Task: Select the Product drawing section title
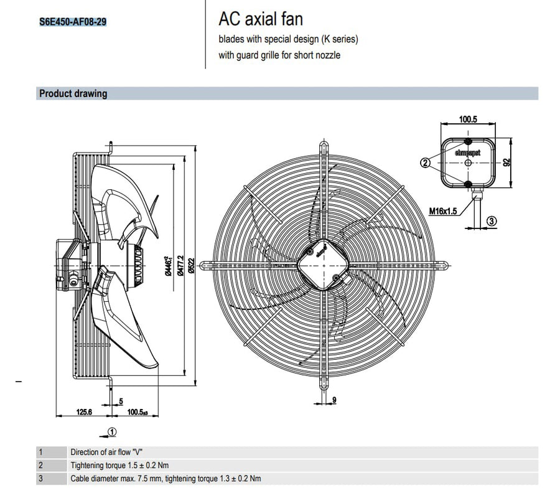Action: [x=73, y=94]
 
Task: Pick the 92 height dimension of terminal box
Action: [x=507, y=162]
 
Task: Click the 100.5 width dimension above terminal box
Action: [x=468, y=119]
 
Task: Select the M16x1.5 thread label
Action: [x=443, y=211]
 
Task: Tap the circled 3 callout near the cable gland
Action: [x=491, y=220]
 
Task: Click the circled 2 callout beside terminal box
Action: [x=426, y=163]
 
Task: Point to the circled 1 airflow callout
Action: [x=111, y=431]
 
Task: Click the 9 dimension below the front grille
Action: [x=334, y=400]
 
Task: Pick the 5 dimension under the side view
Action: [x=121, y=400]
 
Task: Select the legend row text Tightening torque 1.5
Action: [x=119, y=465]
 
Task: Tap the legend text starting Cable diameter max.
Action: [x=166, y=478]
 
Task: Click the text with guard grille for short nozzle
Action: [x=279, y=55]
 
